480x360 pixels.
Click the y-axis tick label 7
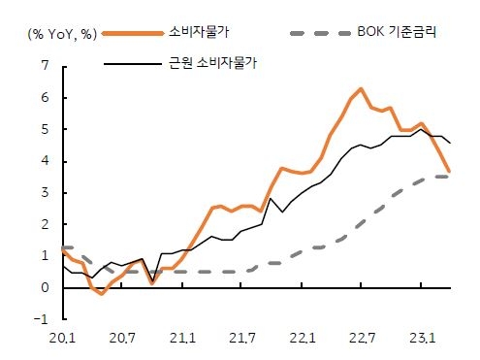tap(45, 66)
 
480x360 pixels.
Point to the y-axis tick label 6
tap(45, 98)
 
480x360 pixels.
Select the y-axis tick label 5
tap(45, 130)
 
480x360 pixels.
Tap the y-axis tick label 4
tap(45, 161)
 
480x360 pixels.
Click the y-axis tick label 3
tap(45, 193)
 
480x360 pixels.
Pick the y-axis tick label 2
tap(45, 224)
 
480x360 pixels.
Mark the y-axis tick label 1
tap(45, 256)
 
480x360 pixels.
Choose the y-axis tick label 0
tap(45, 288)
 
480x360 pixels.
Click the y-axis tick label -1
tap(42, 319)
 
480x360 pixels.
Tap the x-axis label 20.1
tap(63, 339)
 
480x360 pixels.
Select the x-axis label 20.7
tap(122, 339)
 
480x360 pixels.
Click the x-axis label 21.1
tap(182, 339)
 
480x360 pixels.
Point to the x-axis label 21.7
tap(241, 339)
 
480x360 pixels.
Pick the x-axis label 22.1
tap(302, 339)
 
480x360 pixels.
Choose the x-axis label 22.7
tap(361, 339)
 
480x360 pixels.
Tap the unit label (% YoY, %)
tap(62, 32)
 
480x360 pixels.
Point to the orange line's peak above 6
tap(361, 88)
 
